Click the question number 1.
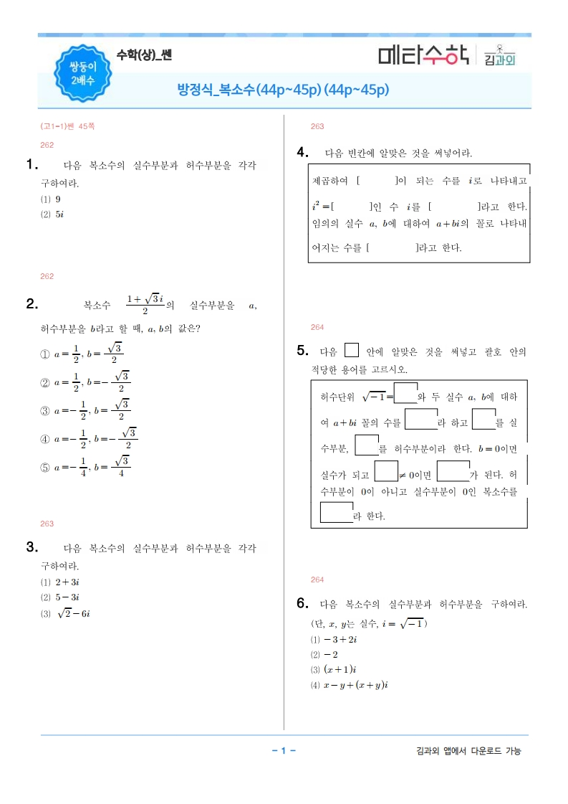coord(32,164)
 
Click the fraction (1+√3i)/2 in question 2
coord(145,304)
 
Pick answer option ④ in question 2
coord(44,438)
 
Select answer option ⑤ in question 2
coord(44,467)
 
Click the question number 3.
coord(32,547)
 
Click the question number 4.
coord(302,151)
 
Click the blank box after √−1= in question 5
coord(405,394)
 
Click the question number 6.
coord(302,602)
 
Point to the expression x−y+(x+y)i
coord(355,686)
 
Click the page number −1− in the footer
coord(284,751)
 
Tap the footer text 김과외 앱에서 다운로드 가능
coord(468,751)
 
